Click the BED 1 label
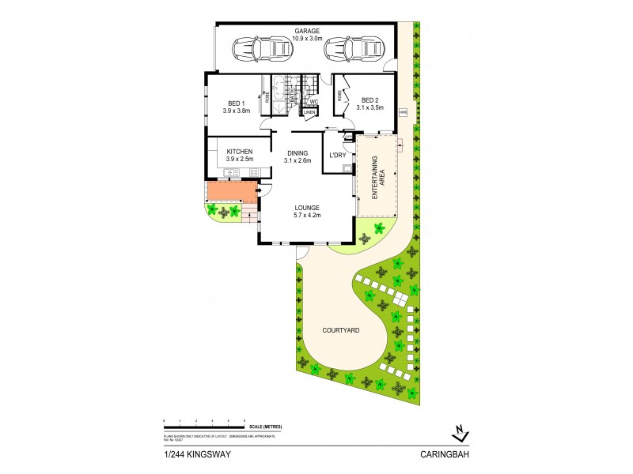point(237,103)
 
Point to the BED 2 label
point(370,100)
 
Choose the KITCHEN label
point(240,151)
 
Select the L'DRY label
point(338,156)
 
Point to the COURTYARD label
point(342,331)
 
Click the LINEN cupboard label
point(309,112)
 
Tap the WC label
point(313,101)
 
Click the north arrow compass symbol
point(459,433)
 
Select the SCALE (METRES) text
point(265,427)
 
